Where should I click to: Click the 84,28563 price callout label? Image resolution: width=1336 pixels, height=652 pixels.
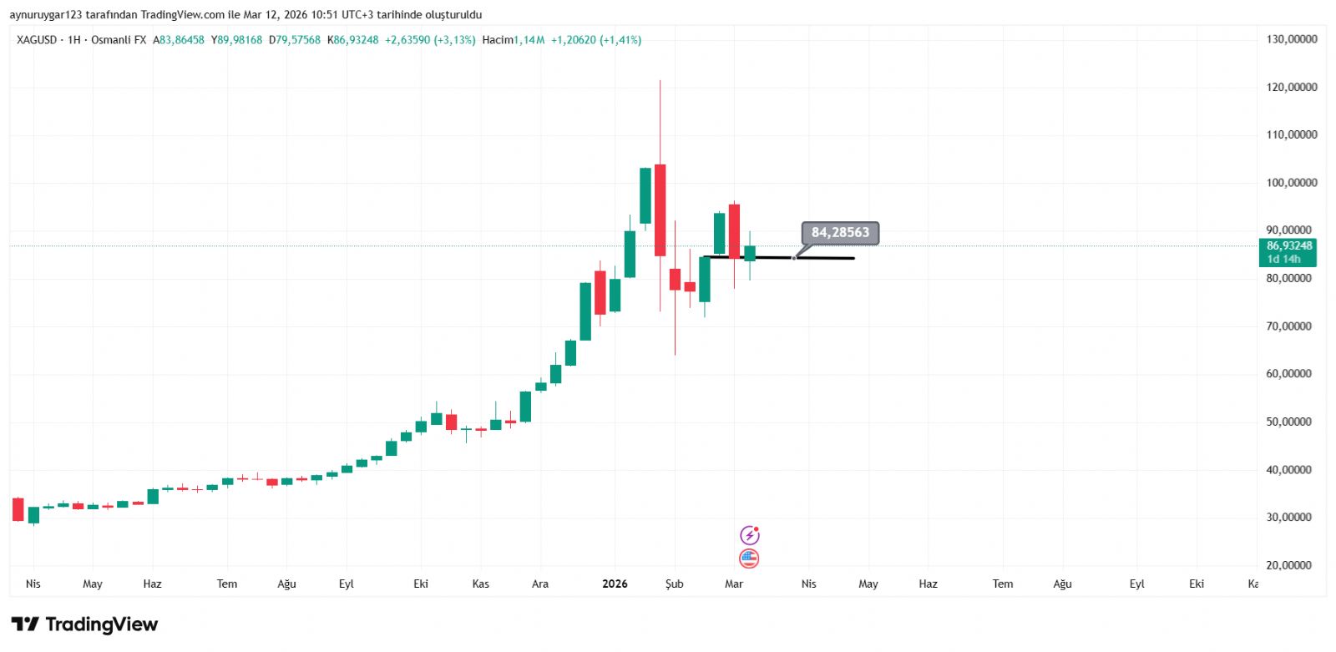840,233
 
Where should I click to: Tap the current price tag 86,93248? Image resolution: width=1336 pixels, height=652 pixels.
1288,246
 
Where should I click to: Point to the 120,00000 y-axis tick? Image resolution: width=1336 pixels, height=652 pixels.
1291,87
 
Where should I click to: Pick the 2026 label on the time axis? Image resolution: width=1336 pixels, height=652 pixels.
615,584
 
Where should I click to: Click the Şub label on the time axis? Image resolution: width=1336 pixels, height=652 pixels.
674,584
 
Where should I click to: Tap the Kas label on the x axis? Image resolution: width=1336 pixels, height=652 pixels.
480,584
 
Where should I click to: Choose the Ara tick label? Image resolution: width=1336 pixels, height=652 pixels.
540,584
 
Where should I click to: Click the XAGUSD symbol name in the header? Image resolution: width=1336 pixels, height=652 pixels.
37,40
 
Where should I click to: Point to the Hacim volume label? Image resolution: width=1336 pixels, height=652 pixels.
498,40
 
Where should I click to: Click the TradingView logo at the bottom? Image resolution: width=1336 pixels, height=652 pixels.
84,624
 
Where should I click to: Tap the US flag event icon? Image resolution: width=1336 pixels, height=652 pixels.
749,558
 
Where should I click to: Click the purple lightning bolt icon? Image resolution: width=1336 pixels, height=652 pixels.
749,535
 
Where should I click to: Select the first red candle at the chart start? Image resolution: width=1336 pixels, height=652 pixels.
18,509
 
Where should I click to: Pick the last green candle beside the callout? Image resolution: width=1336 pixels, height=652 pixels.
750,253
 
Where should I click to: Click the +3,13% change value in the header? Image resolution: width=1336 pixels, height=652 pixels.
454,40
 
